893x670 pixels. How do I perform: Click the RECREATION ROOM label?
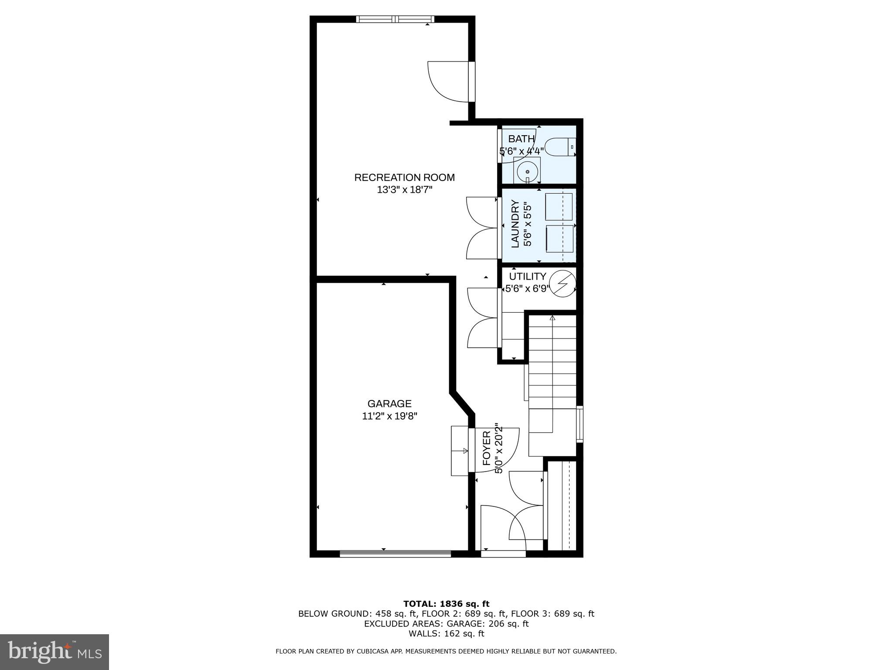pyautogui.click(x=404, y=178)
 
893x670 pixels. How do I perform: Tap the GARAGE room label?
pyautogui.click(x=389, y=404)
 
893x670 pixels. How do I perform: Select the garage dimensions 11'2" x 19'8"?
pyautogui.click(x=389, y=416)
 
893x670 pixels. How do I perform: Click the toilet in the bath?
pyautogui.click(x=561, y=147)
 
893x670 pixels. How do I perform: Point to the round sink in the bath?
pyautogui.click(x=527, y=172)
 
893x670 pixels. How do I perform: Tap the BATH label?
pyautogui.click(x=521, y=139)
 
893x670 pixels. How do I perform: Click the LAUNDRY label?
pyautogui.click(x=515, y=224)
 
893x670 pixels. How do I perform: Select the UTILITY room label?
pyautogui.click(x=528, y=277)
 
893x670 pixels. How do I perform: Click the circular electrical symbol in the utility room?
pyautogui.click(x=562, y=284)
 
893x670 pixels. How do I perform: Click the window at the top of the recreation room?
pyautogui.click(x=395, y=19)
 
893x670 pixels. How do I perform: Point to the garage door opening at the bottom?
pyautogui.click(x=395, y=554)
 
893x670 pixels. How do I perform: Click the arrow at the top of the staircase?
pyautogui.click(x=552, y=318)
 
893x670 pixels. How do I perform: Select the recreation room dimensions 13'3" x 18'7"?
pyautogui.click(x=404, y=190)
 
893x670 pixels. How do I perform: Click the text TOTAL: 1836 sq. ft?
pyautogui.click(x=446, y=604)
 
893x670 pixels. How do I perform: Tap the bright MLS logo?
pyautogui.click(x=55, y=652)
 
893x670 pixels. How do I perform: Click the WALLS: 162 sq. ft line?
pyautogui.click(x=446, y=634)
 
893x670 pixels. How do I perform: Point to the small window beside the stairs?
pyautogui.click(x=579, y=424)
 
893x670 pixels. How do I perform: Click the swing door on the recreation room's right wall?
pyautogui.click(x=449, y=82)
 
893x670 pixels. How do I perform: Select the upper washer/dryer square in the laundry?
pyautogui.click(x=559, y=207)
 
